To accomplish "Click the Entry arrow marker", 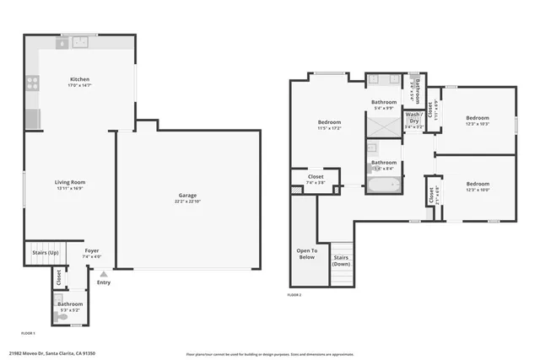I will pos(104,274).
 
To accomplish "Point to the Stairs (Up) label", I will pos(46,251).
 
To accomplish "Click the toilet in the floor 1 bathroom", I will pos(61,318).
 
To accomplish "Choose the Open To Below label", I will pos(305,254).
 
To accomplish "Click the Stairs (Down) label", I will pos(341,261).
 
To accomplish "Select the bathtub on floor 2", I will pos(385,185).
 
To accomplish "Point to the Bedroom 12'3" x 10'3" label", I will pos(478,121).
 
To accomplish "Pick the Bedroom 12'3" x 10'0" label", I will pos(478,186).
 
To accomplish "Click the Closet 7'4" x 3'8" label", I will pos(315,179).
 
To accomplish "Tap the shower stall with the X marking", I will pos(383,126).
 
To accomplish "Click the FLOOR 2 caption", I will pos(294,295).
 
